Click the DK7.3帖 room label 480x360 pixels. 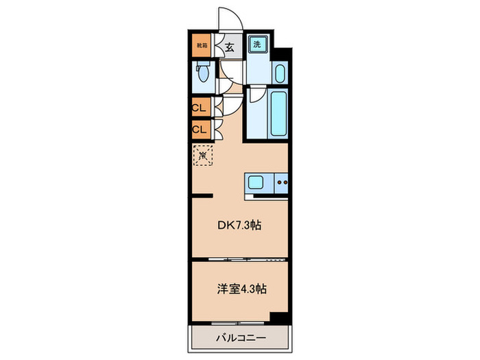tap(239, 224)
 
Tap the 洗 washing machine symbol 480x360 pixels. tap(257, 45)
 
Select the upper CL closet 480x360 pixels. tap(200, 108)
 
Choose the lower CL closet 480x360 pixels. tap(200, 128)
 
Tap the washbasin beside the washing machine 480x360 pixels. tap(279, 73)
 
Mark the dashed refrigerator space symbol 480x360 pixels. tap(204, 156)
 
